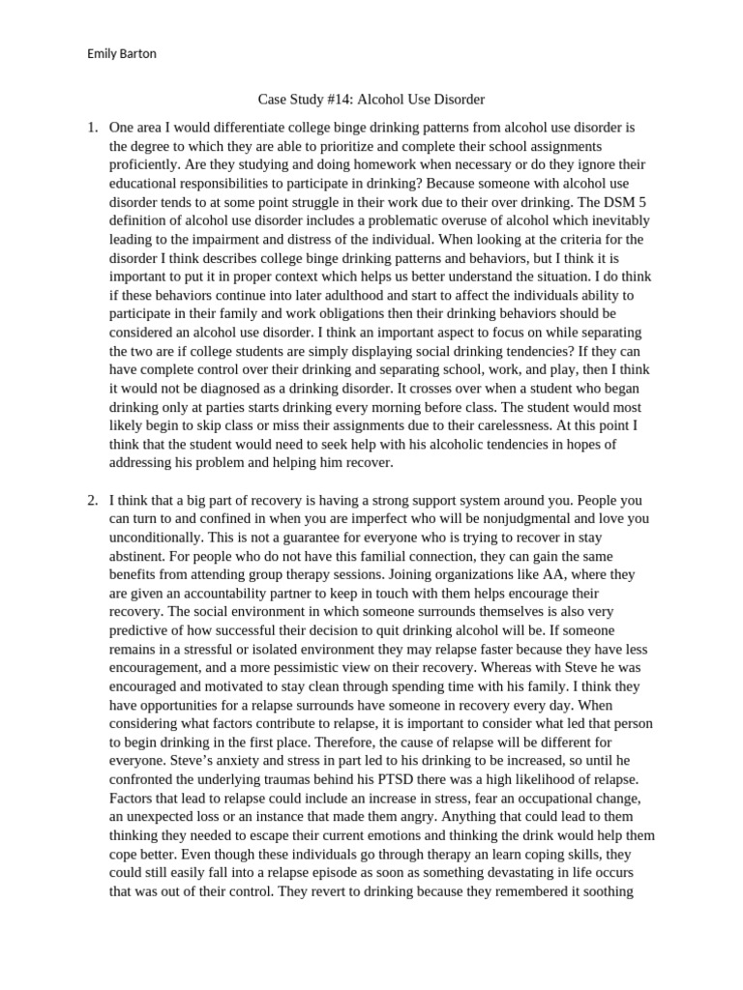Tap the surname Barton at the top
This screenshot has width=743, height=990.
point(137,54)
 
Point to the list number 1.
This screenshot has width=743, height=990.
point(92,127)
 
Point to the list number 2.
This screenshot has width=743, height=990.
point(92,501)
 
